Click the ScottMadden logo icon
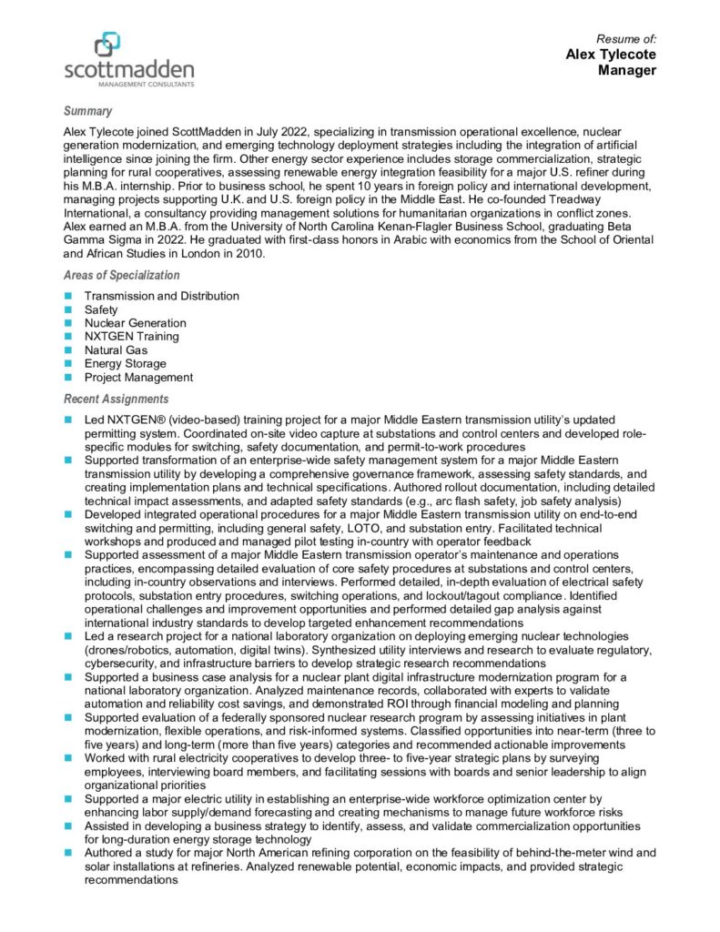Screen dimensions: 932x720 pos(107,44)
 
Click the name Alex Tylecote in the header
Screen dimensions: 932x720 pos(611,55)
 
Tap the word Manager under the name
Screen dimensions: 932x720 pos(627,71)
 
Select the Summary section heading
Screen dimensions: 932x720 pos(88,111)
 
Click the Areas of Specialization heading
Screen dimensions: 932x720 pos(122,275)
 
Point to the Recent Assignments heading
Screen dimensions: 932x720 pos(116,399)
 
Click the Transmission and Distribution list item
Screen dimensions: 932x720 pos(162,296)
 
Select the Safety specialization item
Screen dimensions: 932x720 pos(101,309)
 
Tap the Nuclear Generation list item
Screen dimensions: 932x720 pos(135,323)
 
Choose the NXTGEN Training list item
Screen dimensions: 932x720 pos(131,337)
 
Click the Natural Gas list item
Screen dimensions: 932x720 pos(116,349)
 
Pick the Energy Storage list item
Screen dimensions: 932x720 pos(125,363)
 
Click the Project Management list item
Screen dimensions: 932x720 pos(138,377)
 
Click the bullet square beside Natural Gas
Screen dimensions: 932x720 pos(68,349)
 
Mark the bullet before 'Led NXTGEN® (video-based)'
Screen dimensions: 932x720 pos(68,420)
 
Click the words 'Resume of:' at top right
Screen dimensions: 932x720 pos(626,38)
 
